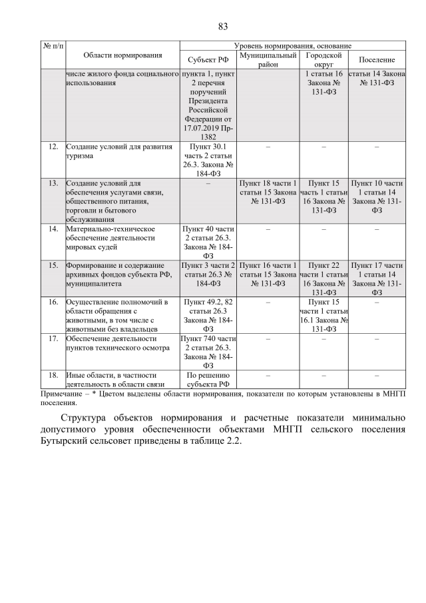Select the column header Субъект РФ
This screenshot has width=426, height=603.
point(208,59)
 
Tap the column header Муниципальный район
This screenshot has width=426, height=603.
point(268,59)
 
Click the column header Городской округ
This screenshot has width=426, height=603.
point(323,59)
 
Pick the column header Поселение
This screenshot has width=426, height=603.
point(376,59)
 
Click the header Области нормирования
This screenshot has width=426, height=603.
point(122,55)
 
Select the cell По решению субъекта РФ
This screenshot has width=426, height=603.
point(208,379)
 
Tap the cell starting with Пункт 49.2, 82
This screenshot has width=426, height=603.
point(208,315)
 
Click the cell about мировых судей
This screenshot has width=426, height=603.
point(110,237)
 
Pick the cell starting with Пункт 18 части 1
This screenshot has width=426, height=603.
point(268,191)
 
